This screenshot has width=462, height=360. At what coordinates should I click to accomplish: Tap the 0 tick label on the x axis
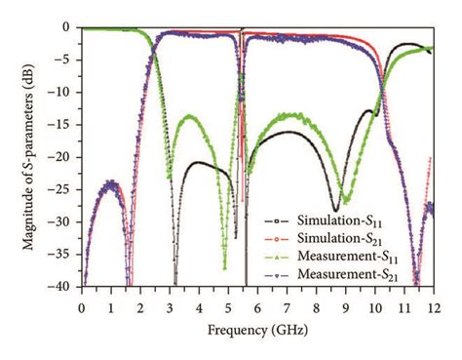(x=81, y=300)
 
